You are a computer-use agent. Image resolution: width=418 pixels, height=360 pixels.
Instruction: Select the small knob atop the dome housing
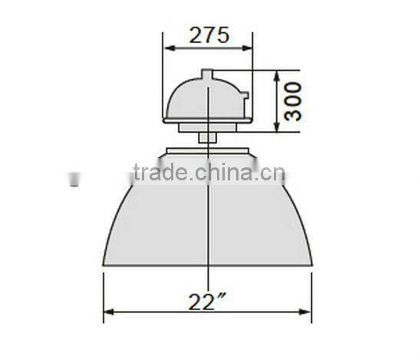point(208,74)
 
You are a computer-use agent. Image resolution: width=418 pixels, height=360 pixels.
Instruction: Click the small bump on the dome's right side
point(245,97)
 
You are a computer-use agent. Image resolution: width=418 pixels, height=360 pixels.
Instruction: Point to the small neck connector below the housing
point(208,137)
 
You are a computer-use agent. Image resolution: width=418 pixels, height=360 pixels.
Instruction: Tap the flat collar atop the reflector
point(208,150)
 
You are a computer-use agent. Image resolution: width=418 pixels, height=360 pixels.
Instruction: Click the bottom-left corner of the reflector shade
point(104,265)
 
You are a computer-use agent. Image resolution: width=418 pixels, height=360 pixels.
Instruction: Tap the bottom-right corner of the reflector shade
point(311,265)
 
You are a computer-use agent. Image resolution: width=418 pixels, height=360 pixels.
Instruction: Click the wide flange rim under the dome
point(208,121)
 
